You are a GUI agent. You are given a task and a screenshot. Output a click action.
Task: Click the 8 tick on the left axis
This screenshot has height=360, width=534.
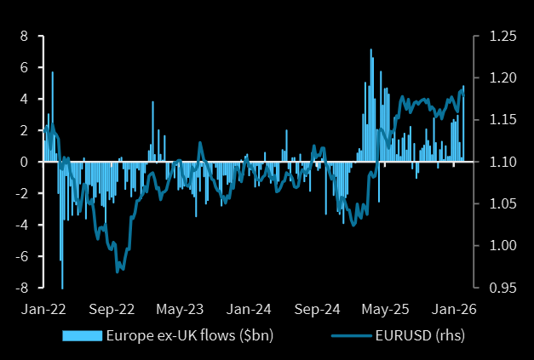tap(24, 36)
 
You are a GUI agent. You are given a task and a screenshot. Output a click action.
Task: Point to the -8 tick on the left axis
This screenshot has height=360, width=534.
tap(21, 288)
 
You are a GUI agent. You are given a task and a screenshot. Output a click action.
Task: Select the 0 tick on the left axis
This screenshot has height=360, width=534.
tap(24, 162)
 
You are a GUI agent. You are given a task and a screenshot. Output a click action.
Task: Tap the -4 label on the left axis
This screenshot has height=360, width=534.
tap(21, 225)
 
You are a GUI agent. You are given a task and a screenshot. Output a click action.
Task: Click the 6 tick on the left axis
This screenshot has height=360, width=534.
tap(24, 67)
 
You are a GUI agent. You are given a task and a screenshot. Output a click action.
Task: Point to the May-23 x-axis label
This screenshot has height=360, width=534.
tap(181, 308)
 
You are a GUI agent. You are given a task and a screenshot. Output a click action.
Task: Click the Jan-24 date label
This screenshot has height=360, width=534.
tap(250, 308)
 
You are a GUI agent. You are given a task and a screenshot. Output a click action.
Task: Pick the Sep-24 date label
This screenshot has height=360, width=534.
tap(319, 308)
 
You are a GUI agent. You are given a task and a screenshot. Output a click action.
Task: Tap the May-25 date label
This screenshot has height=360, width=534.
tap(388, 308)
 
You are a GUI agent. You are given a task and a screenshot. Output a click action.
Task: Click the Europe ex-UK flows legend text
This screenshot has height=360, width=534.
tap(189, 334)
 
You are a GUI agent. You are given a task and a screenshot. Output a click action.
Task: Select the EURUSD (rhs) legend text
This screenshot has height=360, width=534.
tap(420, 334)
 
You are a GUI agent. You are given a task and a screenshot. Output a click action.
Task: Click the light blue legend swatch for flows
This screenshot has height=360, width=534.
tap(82, 334)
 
